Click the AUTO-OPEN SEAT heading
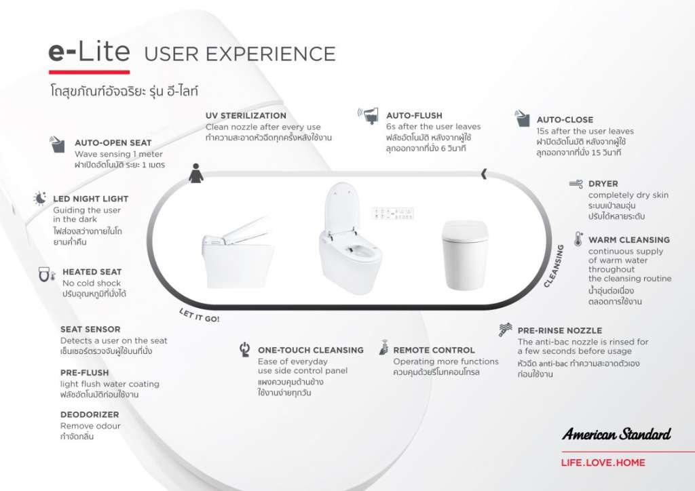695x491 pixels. (x=113, y=143)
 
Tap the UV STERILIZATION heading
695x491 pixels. (x=246, y=115)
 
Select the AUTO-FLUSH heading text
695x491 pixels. (x=414, y=115)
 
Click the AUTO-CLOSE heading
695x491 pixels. (x=565, y=119)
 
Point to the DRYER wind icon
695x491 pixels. (x=576, y=184)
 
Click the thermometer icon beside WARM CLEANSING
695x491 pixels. (x=578, y=239)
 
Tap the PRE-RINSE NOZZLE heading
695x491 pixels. (x=559, y=331)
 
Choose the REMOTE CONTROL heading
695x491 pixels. (x=434, y=350)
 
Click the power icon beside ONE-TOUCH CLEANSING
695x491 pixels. (x=244, y=349)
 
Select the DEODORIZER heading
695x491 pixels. (x=90, y=415)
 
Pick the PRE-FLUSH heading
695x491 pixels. (x=84, y=373)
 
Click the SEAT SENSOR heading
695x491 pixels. (x=90, y=330)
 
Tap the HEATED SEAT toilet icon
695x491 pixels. (x=47, y=274)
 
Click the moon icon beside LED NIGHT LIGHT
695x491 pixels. (x=40, y=198)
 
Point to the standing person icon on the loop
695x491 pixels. (x=196, y=173)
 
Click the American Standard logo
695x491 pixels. (x=616, y=434)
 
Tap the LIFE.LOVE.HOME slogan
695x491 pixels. (x=603, y=463)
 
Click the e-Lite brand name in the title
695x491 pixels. (x=89, y=52)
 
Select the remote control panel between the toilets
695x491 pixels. (x=393, y=214)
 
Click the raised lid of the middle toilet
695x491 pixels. (x=341, y=206)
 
